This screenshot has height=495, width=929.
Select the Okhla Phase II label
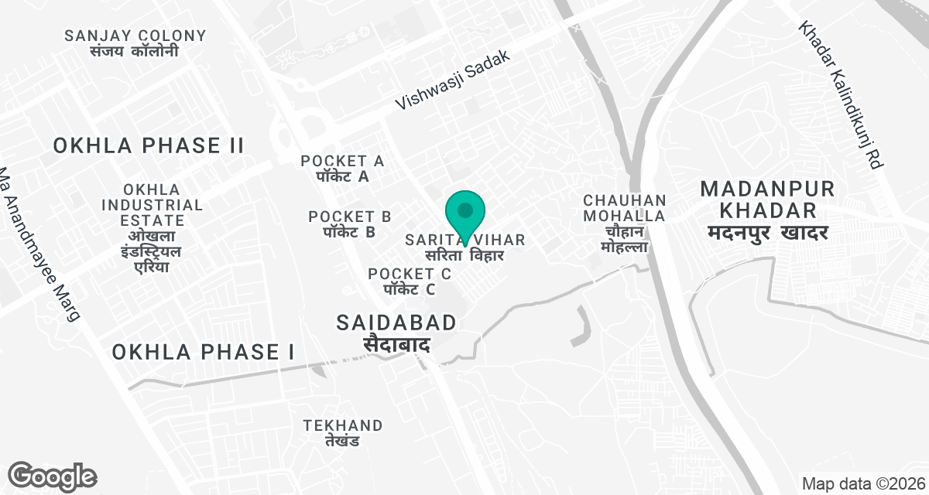click(x=149, y=145)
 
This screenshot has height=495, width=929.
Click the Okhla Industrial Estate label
click(x=153, y=228)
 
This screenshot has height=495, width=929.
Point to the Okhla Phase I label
click(x=203, y=353)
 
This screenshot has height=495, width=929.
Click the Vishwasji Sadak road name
click(x=454, y=80)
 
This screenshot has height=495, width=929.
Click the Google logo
click(x=52, y=476)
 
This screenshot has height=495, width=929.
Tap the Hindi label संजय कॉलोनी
click(x=135, y=51)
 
